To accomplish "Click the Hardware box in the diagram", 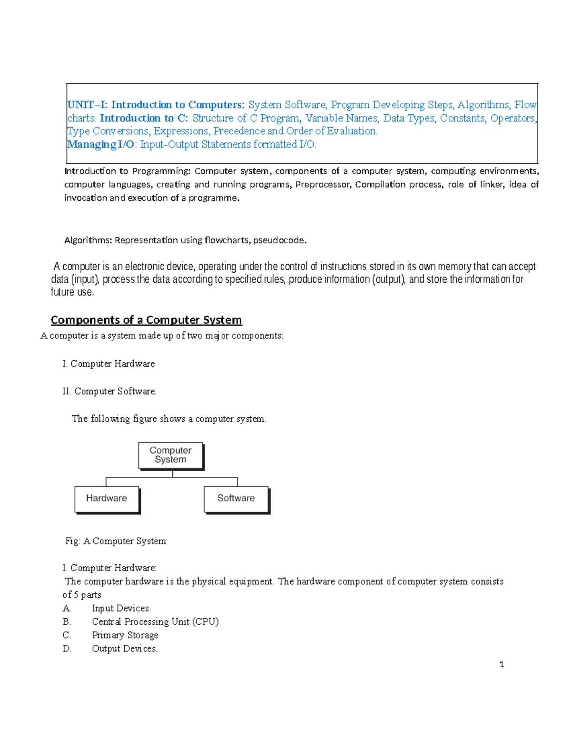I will click(x=107, y=499).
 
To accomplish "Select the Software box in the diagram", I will click(x=236, y=499).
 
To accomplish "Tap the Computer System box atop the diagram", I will click(x=170, y=455).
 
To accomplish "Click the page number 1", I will click(x=502, y=664).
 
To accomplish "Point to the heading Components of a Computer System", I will click(x=146, y=320).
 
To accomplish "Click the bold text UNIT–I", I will click(x=87, y=105).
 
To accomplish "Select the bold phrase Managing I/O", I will click(x=101, y=145).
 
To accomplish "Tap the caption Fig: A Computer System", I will click(x=116, y=541).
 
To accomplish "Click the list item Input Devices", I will click(x=121, y=608).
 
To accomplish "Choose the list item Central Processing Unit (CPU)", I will click(x=155, y=621).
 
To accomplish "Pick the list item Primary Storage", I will click(x=125, y=635).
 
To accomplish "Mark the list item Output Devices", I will click(x=125, y=649).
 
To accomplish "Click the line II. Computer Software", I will click(x=109, y=391).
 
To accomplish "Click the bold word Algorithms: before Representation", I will click(x=88, y=240).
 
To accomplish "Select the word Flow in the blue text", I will click(x=525, y=105).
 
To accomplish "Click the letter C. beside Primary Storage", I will click(x=67, y=635).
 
